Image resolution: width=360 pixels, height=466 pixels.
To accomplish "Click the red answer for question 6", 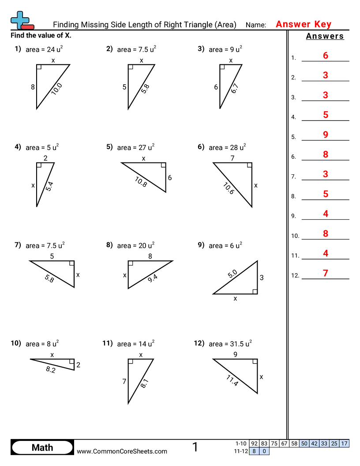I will (x=326, y=154).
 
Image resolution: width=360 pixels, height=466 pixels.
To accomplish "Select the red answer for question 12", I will (x=326, y=273).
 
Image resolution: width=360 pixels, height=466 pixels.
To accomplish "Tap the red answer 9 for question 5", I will (x=326, y=135).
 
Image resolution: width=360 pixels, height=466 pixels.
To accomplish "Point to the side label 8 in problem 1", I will (x=33, y=87).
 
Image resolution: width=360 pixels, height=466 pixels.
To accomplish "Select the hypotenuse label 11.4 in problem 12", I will (x=232, y=380).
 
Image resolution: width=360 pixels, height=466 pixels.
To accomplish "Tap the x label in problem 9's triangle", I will (x=235, y=299).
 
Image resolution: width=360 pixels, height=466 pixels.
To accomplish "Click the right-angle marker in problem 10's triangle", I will (x=72, y=361).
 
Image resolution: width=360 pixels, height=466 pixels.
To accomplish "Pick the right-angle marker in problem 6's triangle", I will (x=250, y=165).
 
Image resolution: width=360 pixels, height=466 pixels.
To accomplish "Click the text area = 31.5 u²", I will (x=230, y=344).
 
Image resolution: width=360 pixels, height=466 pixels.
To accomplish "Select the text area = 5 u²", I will (x=42, y=147).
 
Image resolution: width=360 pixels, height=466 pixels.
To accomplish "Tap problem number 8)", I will (x=109, y=245).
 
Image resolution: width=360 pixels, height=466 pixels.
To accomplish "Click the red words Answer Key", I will (x=304, y=25).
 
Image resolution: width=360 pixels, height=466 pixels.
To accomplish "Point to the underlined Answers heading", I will (x=325, y=37).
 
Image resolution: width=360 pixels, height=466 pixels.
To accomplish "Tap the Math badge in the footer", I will (x=42, y=447).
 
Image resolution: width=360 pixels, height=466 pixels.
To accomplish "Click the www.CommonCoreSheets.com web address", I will (x=122, y=451).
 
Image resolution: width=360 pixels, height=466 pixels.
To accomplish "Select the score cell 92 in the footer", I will (x=254, y=443).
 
